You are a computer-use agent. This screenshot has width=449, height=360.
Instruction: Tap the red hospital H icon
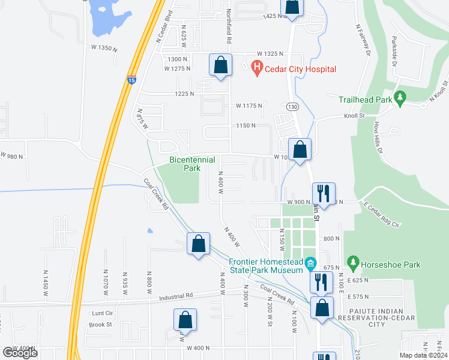[x=257, y=69]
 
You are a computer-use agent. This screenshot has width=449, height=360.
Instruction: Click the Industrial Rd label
[x=176, y=296]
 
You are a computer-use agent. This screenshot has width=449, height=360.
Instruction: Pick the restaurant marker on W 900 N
[x=323, y=193]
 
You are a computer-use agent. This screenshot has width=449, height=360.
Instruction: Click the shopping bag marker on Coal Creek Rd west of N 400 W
[x=198, y=244]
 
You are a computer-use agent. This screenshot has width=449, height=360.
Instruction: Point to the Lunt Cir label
[x=101, y=313]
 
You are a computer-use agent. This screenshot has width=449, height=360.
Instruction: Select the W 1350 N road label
[x=103, y=47]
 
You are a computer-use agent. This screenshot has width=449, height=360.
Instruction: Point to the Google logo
[x=20, y=352]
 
